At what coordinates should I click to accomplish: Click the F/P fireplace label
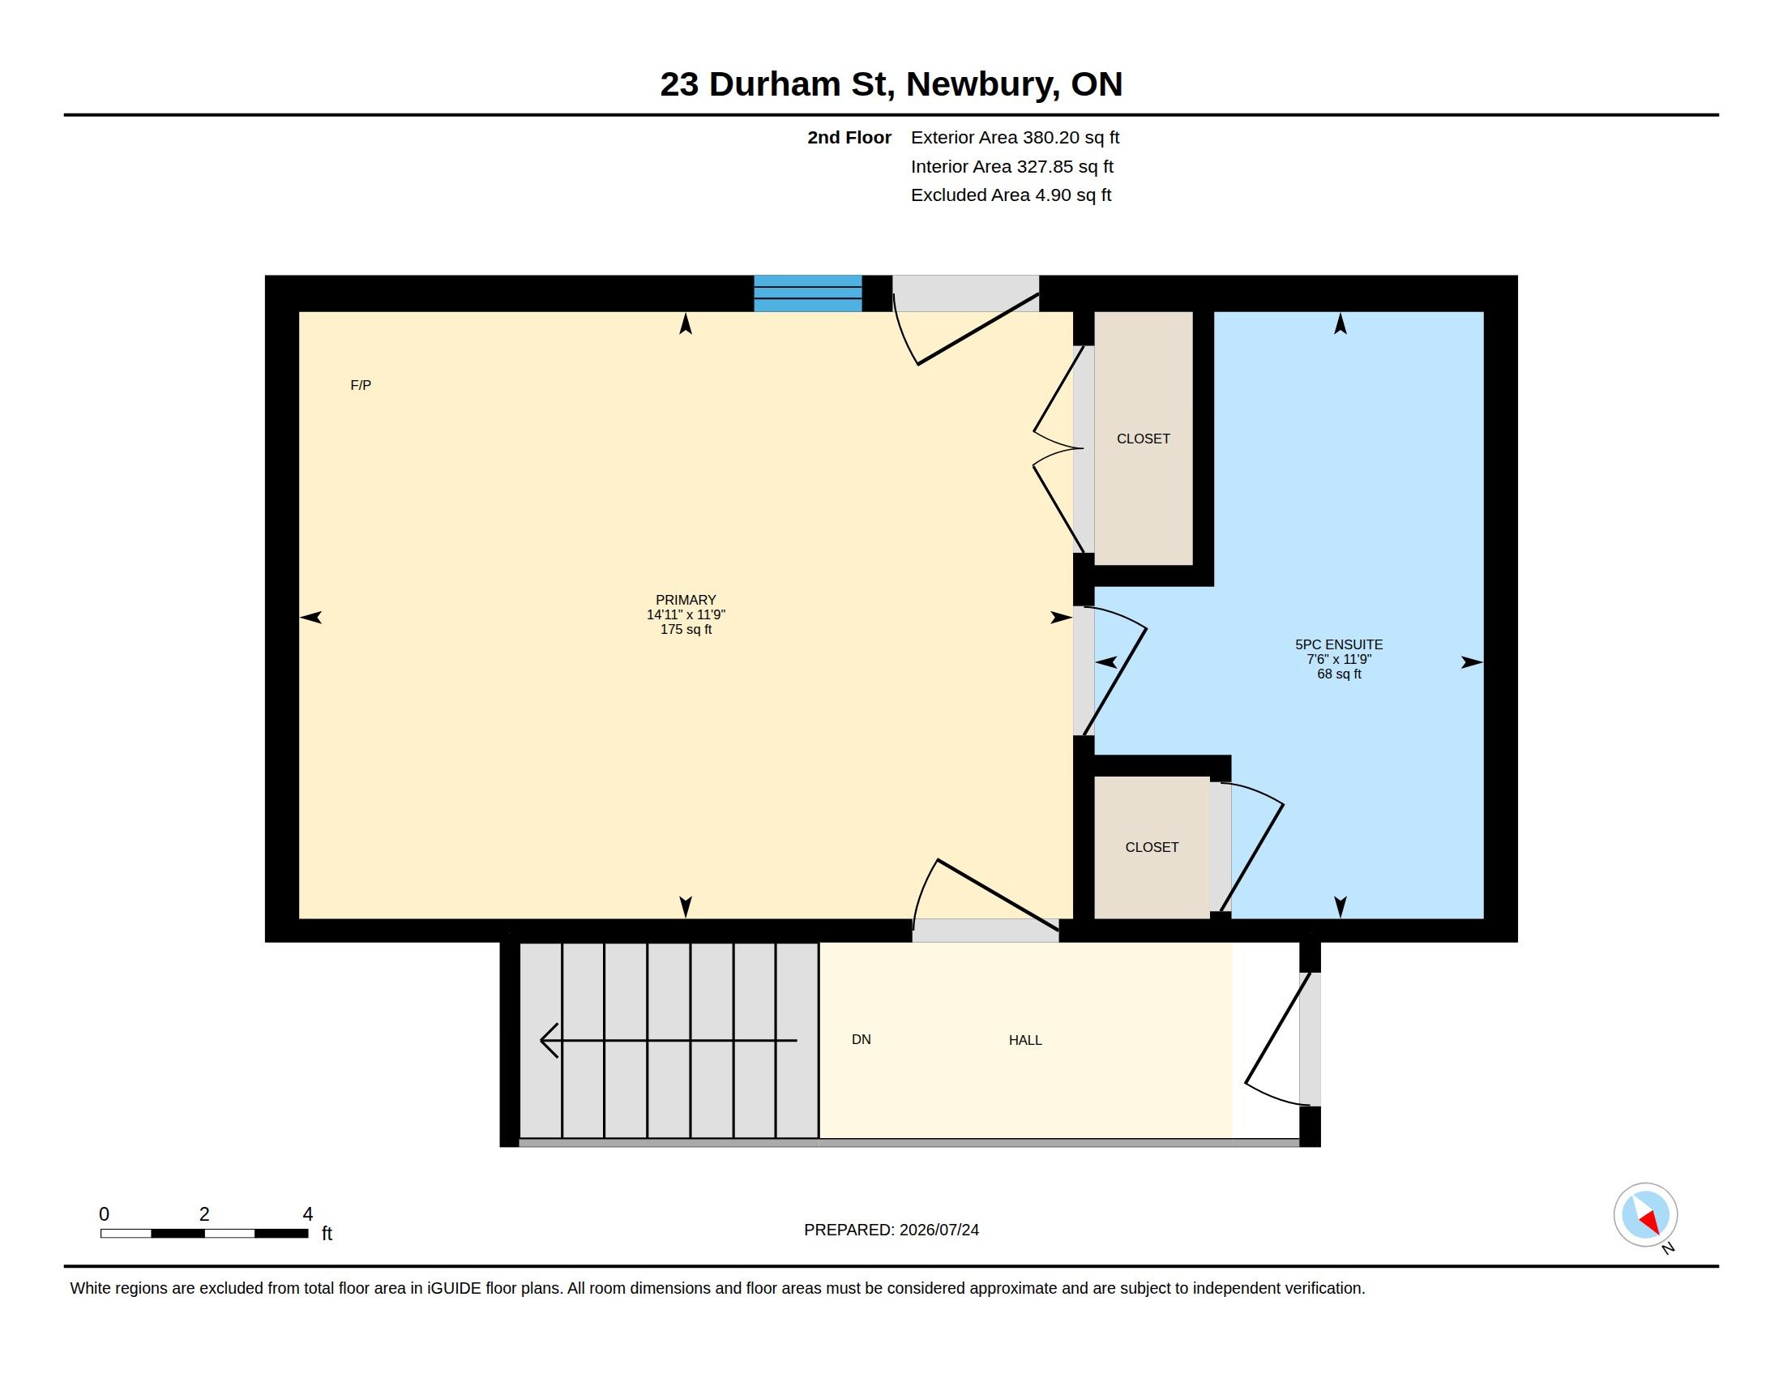[x=360, y=385]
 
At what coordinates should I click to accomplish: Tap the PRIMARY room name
[x=686, y=600]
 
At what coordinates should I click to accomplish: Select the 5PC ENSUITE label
[x=1339, y=644]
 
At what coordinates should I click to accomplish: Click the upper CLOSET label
[x=1143, y=439]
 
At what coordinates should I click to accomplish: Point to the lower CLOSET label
[x=1152, y=847]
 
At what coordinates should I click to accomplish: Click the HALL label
[x=1025, y=1040]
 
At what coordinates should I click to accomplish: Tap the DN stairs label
[x=862, y=1039]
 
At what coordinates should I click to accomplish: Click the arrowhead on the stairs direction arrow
[x=542, y=1040]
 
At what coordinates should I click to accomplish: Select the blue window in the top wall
[x=807, y=293]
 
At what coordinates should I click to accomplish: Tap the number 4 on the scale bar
[x=308, y=1214]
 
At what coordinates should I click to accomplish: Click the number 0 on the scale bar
[x=105, y=1214]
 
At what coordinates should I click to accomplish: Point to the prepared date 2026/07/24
[x=939, y=1230]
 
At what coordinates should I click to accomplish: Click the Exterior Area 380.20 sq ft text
[x=1015, y=137]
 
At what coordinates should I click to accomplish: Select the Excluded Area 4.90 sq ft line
[x=1011, y=195]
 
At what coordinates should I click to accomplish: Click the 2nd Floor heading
[x=849, y=137]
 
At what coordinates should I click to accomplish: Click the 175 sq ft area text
[x=686, y=629]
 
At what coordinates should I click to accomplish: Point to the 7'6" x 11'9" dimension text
[x=1339, y=659]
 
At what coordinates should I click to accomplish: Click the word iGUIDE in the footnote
[x=454, y=1288]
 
